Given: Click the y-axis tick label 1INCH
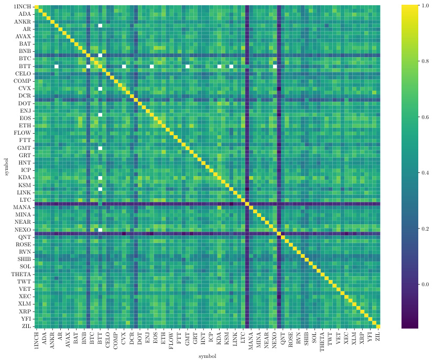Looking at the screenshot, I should point(23,6).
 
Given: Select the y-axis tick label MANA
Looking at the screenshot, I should point(23,208).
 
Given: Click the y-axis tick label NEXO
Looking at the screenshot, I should point(23,230).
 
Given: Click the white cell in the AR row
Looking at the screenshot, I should point(100,26).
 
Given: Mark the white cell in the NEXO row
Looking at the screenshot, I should point(100,230).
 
